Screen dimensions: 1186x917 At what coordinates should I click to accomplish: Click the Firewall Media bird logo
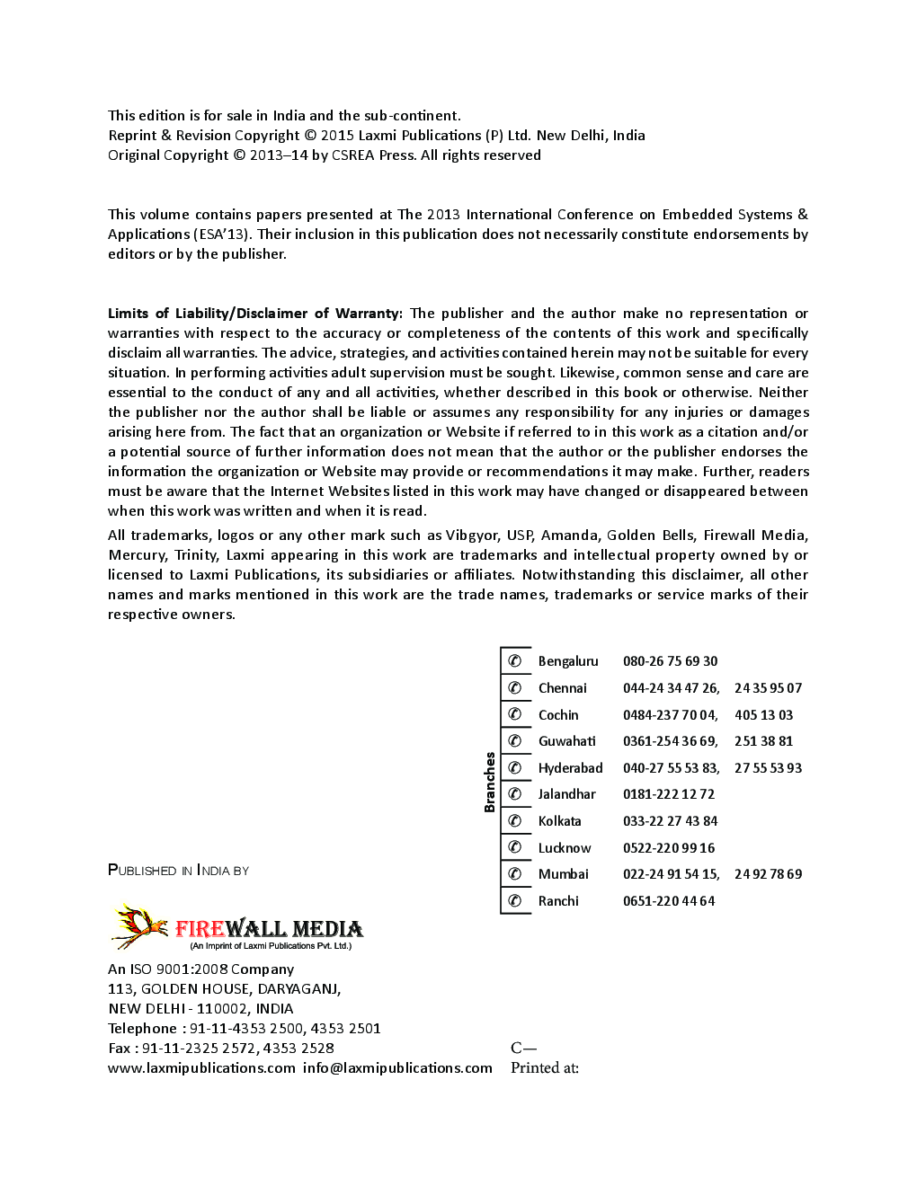tap(139, 926)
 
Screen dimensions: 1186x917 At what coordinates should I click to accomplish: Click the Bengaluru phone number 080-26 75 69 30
tap(670, 661)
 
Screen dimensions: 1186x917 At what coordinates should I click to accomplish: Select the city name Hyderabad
tap(570, 768)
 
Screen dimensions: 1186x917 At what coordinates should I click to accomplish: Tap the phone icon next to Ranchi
tap(515, 900)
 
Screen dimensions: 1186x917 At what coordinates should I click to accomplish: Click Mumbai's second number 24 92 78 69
tap(768, 874)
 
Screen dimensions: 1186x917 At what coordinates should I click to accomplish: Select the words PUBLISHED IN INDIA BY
tap(178, 870)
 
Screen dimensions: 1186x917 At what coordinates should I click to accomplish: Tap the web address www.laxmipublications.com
tap(201, 1067)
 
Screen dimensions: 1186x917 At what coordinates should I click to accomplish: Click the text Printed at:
tap(544, 1067)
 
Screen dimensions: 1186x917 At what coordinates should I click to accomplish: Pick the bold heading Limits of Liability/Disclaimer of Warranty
tap(254, 313)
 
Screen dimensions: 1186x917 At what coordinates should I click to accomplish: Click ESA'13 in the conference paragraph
tap(220, 235)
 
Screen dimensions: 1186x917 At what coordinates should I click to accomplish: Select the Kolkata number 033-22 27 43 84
tap(670, 821)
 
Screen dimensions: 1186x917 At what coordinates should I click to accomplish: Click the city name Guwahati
tap(566, 741)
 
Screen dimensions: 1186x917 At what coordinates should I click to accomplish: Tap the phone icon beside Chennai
tap(515, 687)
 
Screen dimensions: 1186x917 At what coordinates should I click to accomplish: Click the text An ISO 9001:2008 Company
tap(200, 969)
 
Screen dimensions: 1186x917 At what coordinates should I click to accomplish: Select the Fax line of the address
tap(220, 1048)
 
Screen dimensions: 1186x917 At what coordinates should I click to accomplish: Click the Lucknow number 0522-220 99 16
tap(668, 848)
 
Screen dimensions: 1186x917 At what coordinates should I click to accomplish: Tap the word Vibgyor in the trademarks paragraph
tap(471, 535)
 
